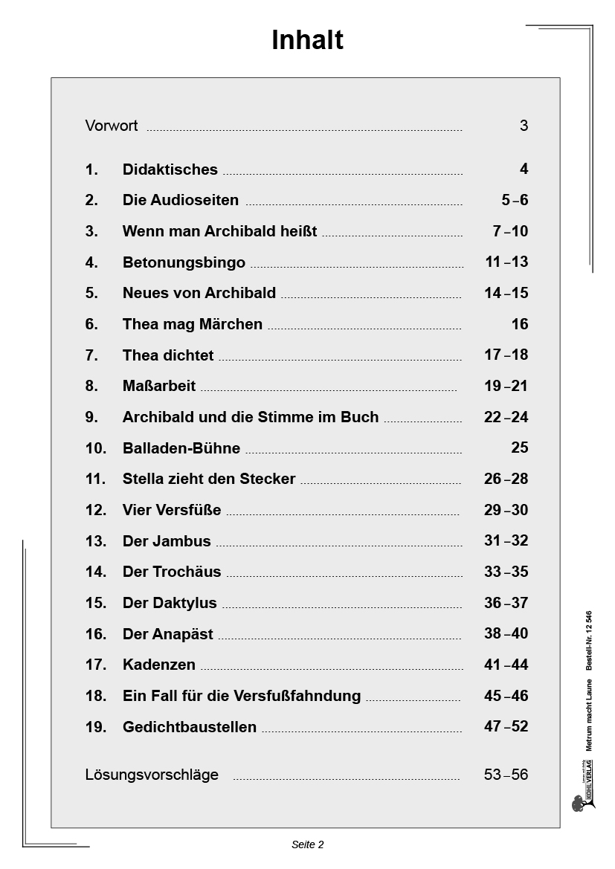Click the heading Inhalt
tap(307, 40)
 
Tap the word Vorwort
tap(112, 126)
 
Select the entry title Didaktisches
tap(170, 169)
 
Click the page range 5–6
tap(515, 200)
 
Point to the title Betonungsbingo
tap(184, 262)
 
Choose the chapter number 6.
tap(91, 324)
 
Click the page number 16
tap(520, 324)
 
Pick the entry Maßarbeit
tap(159, 386)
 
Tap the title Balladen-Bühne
tap(181, 448)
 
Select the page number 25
tap(520, 448)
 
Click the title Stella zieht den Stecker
tap(209, 479)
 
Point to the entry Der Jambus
tap(167, 541)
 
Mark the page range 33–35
tap(506, 572)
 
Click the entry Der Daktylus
tap(170, 603)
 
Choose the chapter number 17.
tap(96, 665)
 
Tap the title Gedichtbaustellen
tap(190, 727)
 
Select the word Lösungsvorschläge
tap(152, 775)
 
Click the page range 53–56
tap(506, 775)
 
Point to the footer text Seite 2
tap(307, 844)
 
